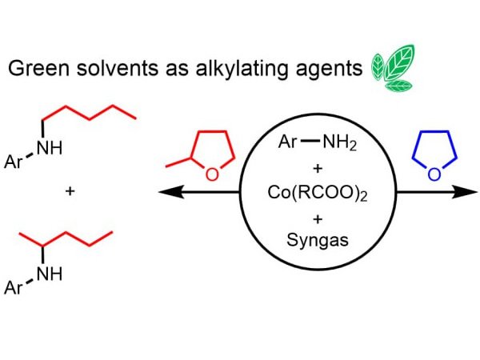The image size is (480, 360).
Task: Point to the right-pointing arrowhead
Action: point(472,193)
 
